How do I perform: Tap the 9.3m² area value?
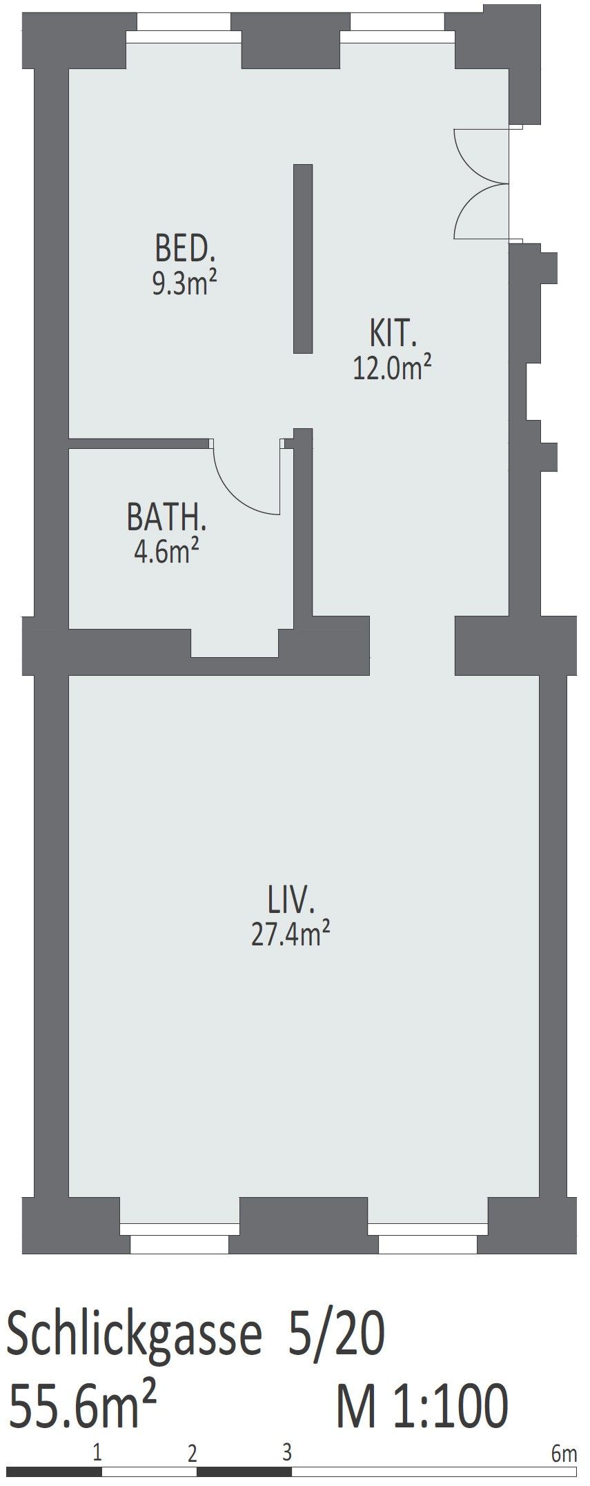[x=180, y=283]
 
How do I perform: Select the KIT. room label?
[x=394, y=334]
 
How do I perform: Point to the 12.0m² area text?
[x=393, y=368]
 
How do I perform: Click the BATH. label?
[x=167, y=518]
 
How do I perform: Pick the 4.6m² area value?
[x=166, y=552]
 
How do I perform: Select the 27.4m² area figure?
[x=291, y=935]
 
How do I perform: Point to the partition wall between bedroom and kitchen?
[x=303, y=259]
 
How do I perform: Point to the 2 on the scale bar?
[x=193, y=1454]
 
